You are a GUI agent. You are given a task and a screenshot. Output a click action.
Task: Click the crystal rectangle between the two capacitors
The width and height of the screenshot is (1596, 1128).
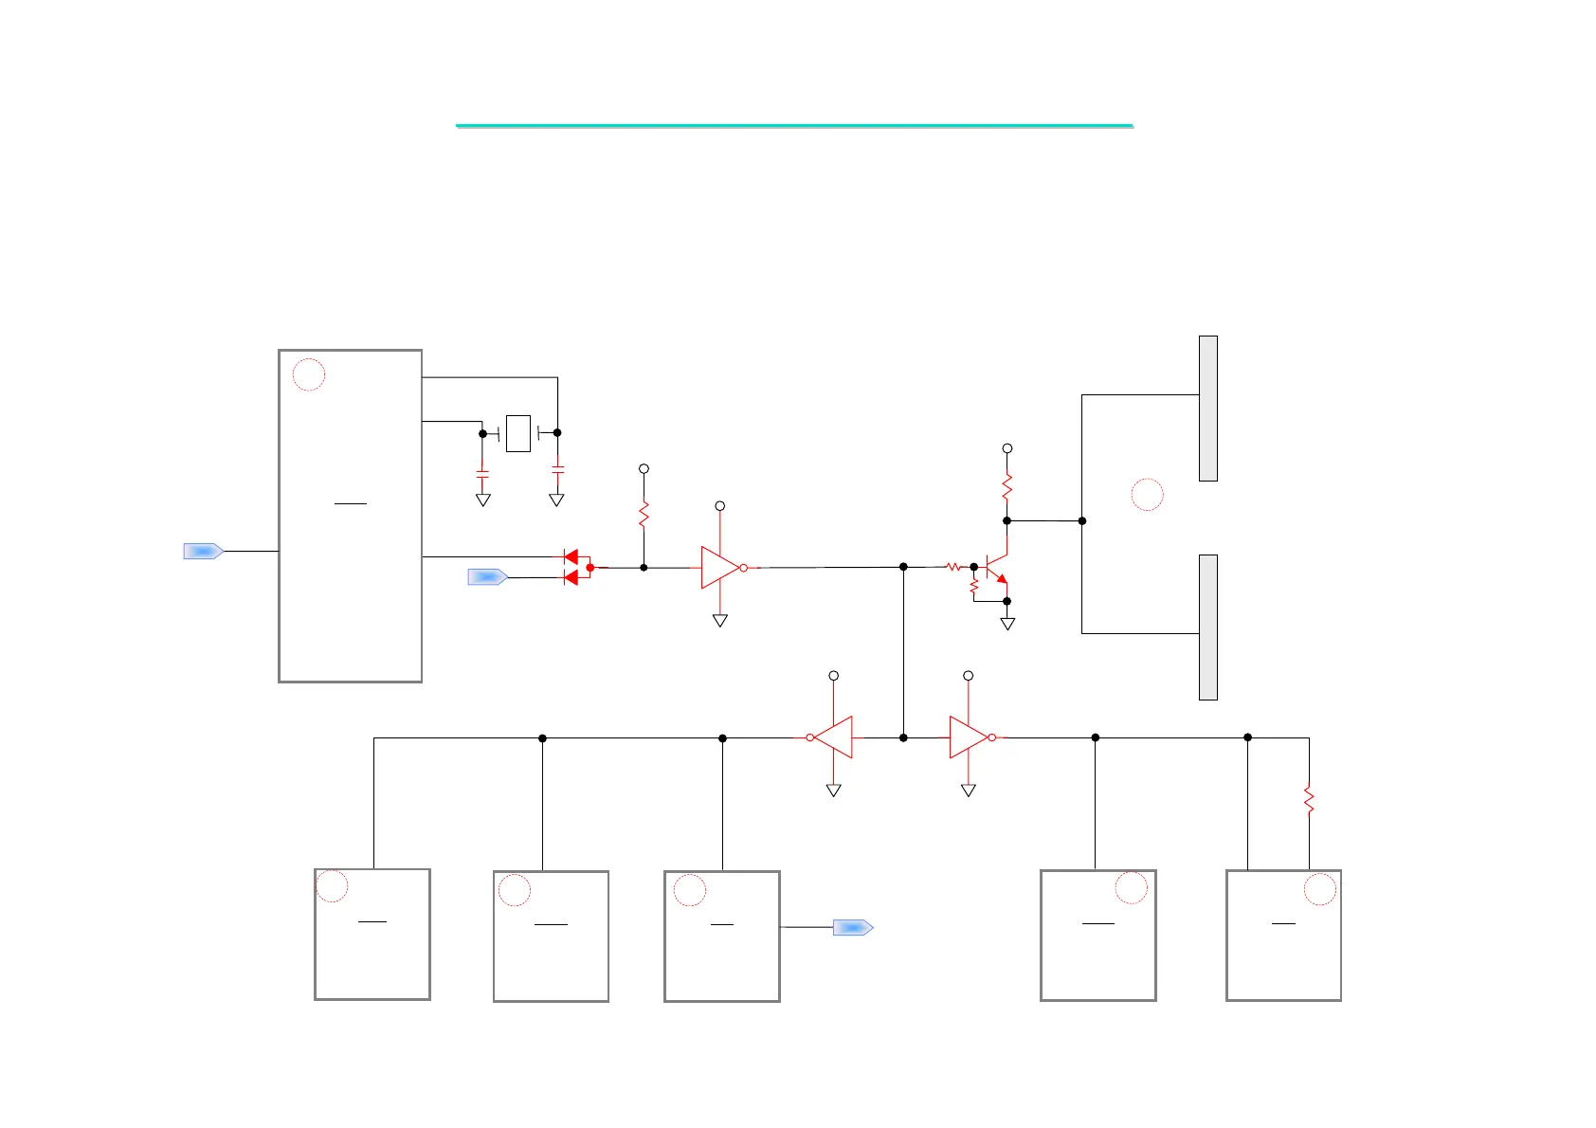pos(518,433)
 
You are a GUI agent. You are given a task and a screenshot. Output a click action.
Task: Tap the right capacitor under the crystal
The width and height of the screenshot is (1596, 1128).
pos(557,468)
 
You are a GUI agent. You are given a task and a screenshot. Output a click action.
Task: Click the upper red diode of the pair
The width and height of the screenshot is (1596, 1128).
pos(571,556)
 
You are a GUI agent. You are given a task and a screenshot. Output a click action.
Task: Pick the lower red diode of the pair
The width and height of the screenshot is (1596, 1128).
pos(571,577)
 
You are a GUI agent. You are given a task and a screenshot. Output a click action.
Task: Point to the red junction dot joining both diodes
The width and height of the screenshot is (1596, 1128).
pos(590,568)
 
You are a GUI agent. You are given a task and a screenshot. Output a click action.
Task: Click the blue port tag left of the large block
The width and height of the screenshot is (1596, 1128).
pos(203,551)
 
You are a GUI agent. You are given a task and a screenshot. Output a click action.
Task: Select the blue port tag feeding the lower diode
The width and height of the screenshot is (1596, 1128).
pos(488,576)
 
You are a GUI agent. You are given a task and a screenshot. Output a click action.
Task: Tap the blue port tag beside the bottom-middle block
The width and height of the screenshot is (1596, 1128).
pos(853,927)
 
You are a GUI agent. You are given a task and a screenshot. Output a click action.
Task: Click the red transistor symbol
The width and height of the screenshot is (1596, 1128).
pos(995,568)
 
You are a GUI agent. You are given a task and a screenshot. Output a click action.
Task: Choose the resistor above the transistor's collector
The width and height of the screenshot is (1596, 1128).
pos(1007,487)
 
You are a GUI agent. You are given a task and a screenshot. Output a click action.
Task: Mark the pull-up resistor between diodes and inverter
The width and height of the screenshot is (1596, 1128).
pos(644,515)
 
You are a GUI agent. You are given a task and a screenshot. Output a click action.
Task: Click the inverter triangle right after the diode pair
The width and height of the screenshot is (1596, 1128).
pos(720,568)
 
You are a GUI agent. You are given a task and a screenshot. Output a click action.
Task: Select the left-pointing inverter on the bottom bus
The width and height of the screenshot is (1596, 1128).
pos(833,737)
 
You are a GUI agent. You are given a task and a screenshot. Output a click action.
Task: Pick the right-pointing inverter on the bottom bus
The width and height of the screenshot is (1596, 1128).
pos(969,737)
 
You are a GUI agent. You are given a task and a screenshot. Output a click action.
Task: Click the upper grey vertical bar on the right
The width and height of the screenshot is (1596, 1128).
pos(1207,409)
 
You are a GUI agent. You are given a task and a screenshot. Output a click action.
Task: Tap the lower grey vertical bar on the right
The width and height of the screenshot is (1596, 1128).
pos(1207,628)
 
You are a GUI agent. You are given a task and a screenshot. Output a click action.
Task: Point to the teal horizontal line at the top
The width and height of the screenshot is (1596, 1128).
pos(794,125)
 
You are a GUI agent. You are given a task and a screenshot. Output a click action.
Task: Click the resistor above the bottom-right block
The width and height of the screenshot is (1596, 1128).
pos(1309,800)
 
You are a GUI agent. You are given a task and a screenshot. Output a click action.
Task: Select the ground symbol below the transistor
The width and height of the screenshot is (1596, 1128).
pos(1007,624)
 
